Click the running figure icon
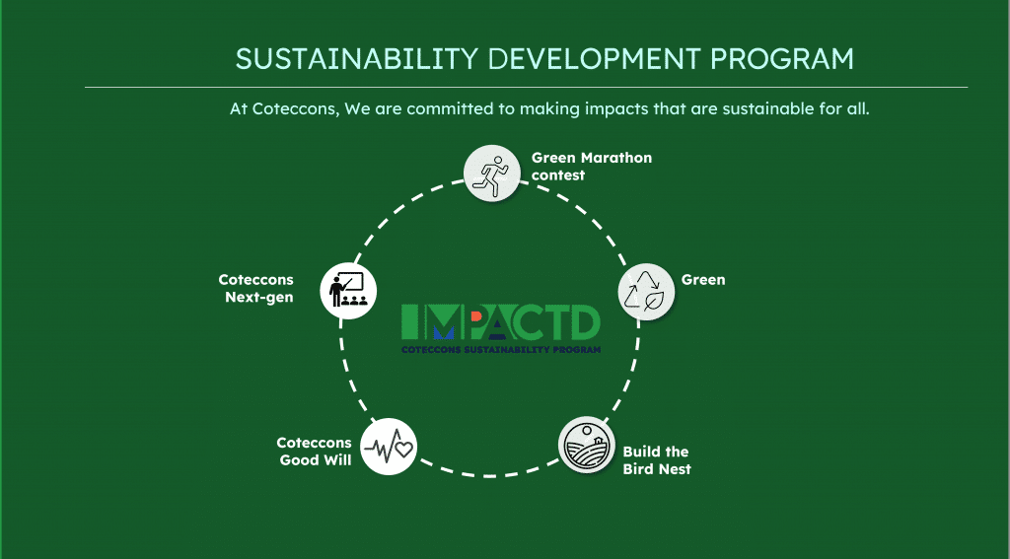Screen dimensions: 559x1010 click(491, 173)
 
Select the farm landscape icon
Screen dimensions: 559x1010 click(587, 446)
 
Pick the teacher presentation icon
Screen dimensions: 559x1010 click(349, 288)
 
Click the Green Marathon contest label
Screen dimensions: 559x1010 click(591, 166)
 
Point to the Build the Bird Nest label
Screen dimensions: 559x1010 click(656, 460)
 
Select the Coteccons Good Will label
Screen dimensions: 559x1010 click(314, 452)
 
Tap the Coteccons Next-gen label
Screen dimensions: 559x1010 click(256, 289)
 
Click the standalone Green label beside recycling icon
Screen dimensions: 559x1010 click(702, 280)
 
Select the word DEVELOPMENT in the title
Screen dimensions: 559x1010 click(597, 59)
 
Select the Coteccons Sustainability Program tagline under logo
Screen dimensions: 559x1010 click(501, 349)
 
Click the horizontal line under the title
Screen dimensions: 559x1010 click(526, 88)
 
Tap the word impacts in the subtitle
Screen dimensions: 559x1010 click(616, 109)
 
